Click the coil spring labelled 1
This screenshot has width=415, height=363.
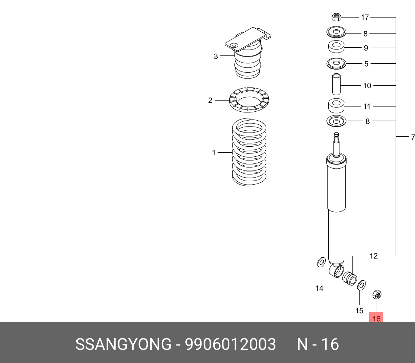(249, 153)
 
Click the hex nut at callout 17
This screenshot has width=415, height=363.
(336, 17)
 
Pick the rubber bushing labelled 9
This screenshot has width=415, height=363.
(336, 47)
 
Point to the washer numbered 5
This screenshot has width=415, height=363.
(336, 64)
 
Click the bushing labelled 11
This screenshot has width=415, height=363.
(336, 106)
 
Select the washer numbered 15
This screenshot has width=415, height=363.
(361, 286)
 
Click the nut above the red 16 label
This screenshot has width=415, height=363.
(377, 295)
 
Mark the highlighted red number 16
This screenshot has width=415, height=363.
(376, 319)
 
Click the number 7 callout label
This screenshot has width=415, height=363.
(412, 137)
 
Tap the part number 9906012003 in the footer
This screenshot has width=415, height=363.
(231, 344)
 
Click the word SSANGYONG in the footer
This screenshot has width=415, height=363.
(123, 344)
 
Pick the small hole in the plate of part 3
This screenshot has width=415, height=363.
(234, 45)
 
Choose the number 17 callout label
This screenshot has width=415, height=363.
(364, 17)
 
